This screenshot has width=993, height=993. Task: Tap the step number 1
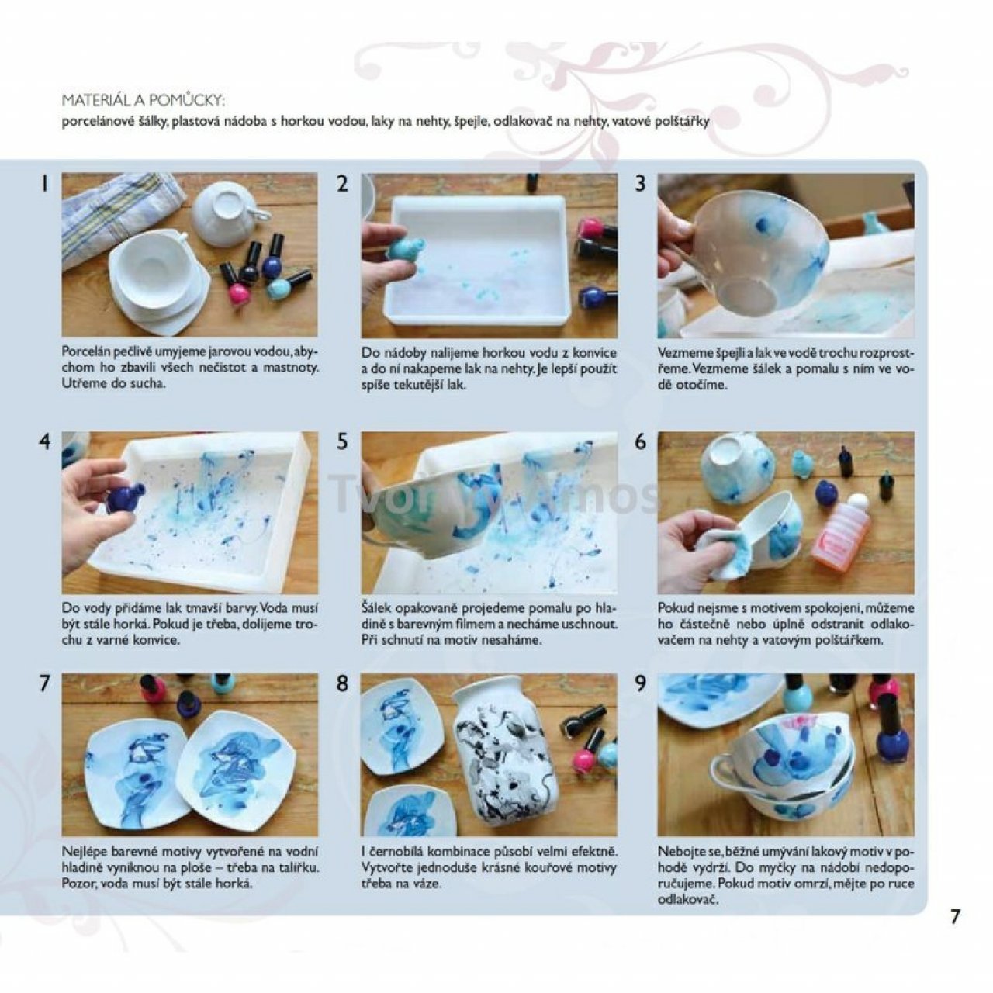(x=45, y=184)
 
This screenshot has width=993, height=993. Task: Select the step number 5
(x=342, y=442)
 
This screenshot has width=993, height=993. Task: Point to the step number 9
(x=640, y=684)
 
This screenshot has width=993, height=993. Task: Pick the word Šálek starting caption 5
(x=376, y=607)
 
